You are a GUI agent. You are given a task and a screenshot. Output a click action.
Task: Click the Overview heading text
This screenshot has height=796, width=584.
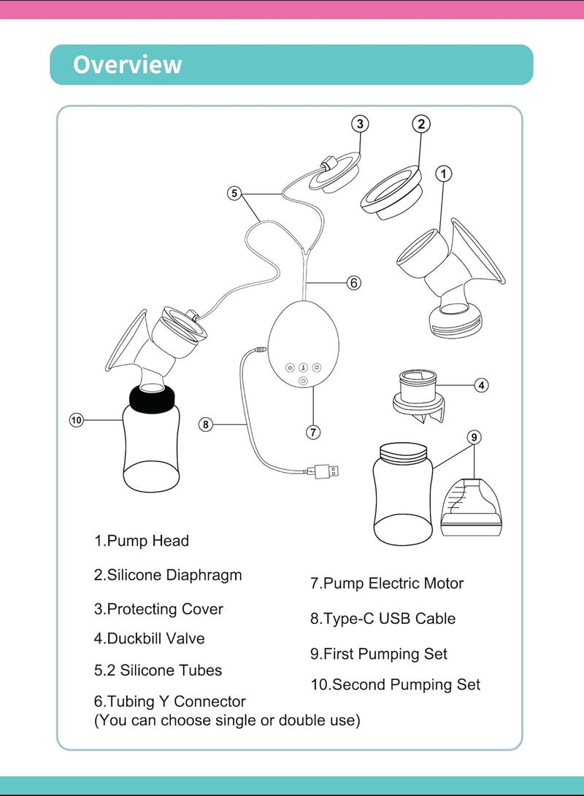click(x=127, y=64)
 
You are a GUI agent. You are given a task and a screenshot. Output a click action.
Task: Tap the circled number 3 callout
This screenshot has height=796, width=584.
click(x=360, y=124)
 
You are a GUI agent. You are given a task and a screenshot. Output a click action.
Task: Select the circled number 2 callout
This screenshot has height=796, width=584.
click(x=421, y=124)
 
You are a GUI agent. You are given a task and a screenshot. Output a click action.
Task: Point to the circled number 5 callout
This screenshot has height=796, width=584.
click(x=234, y=193)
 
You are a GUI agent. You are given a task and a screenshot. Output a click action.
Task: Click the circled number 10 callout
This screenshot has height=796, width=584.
click(x=76, y=420)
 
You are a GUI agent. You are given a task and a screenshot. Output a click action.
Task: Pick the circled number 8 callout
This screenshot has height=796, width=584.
click(x=205, y=424)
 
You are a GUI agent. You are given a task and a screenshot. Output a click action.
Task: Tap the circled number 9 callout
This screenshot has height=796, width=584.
click(x=474, y=437)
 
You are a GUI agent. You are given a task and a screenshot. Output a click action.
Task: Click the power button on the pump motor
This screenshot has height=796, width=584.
click(x=303, y=381)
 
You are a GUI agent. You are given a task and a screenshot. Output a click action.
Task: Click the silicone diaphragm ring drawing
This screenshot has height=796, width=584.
click(x=391, y=193)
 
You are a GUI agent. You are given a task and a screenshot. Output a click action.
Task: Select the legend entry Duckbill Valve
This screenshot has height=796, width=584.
click(x=150, y=638)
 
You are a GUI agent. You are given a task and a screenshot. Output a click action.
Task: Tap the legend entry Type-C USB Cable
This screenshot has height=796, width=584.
click(x=383, y=619)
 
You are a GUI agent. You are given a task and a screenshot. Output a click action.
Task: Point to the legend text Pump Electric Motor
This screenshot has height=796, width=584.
click(x=387, y=583)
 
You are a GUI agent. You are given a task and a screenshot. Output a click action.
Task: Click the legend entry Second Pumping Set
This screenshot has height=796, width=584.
click(x=395, y=685)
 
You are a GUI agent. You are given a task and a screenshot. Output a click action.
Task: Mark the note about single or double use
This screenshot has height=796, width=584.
click(x=227, y=720)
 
